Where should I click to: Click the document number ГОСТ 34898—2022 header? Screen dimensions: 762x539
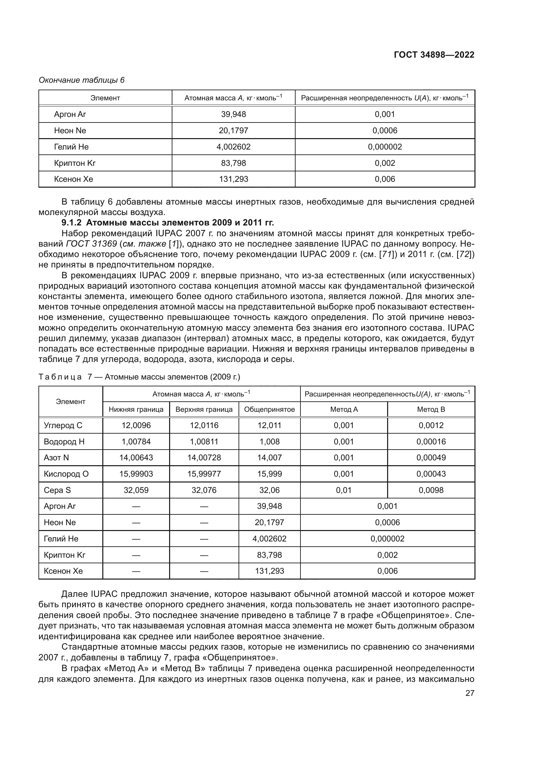pos(434,55)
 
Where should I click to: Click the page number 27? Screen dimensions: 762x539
pos(470,693)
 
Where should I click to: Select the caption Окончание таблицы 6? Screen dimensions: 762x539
pos(82,80)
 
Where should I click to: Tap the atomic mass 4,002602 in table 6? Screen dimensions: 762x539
pos(233,147)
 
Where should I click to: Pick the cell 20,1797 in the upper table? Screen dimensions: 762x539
pos(233,130)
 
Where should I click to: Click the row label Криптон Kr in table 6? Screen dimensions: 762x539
pos(75,163)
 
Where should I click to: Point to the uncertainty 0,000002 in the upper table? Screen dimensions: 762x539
pos(385,147)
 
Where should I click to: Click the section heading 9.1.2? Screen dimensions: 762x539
pos(168,223)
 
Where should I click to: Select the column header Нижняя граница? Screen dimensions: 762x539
pos(136,409)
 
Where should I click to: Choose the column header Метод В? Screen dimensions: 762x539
pos(431,409)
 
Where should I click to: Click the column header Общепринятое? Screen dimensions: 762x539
pos(269,409)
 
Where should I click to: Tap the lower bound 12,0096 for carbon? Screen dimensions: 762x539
pos(136,425)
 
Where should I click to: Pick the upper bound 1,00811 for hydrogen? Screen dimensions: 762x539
pos(204,442)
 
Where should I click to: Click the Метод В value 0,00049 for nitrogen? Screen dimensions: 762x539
pos(431,458)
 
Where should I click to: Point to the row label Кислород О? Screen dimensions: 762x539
pos(66,474)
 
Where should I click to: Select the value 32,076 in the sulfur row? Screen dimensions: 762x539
pos(204,490)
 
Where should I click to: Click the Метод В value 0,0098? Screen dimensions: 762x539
pos(431,490)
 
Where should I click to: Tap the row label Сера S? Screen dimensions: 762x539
pos(57,490)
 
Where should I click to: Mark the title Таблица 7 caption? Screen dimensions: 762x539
pos(139,377)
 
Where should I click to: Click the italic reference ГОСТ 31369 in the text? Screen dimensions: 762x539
pos(91,244)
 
